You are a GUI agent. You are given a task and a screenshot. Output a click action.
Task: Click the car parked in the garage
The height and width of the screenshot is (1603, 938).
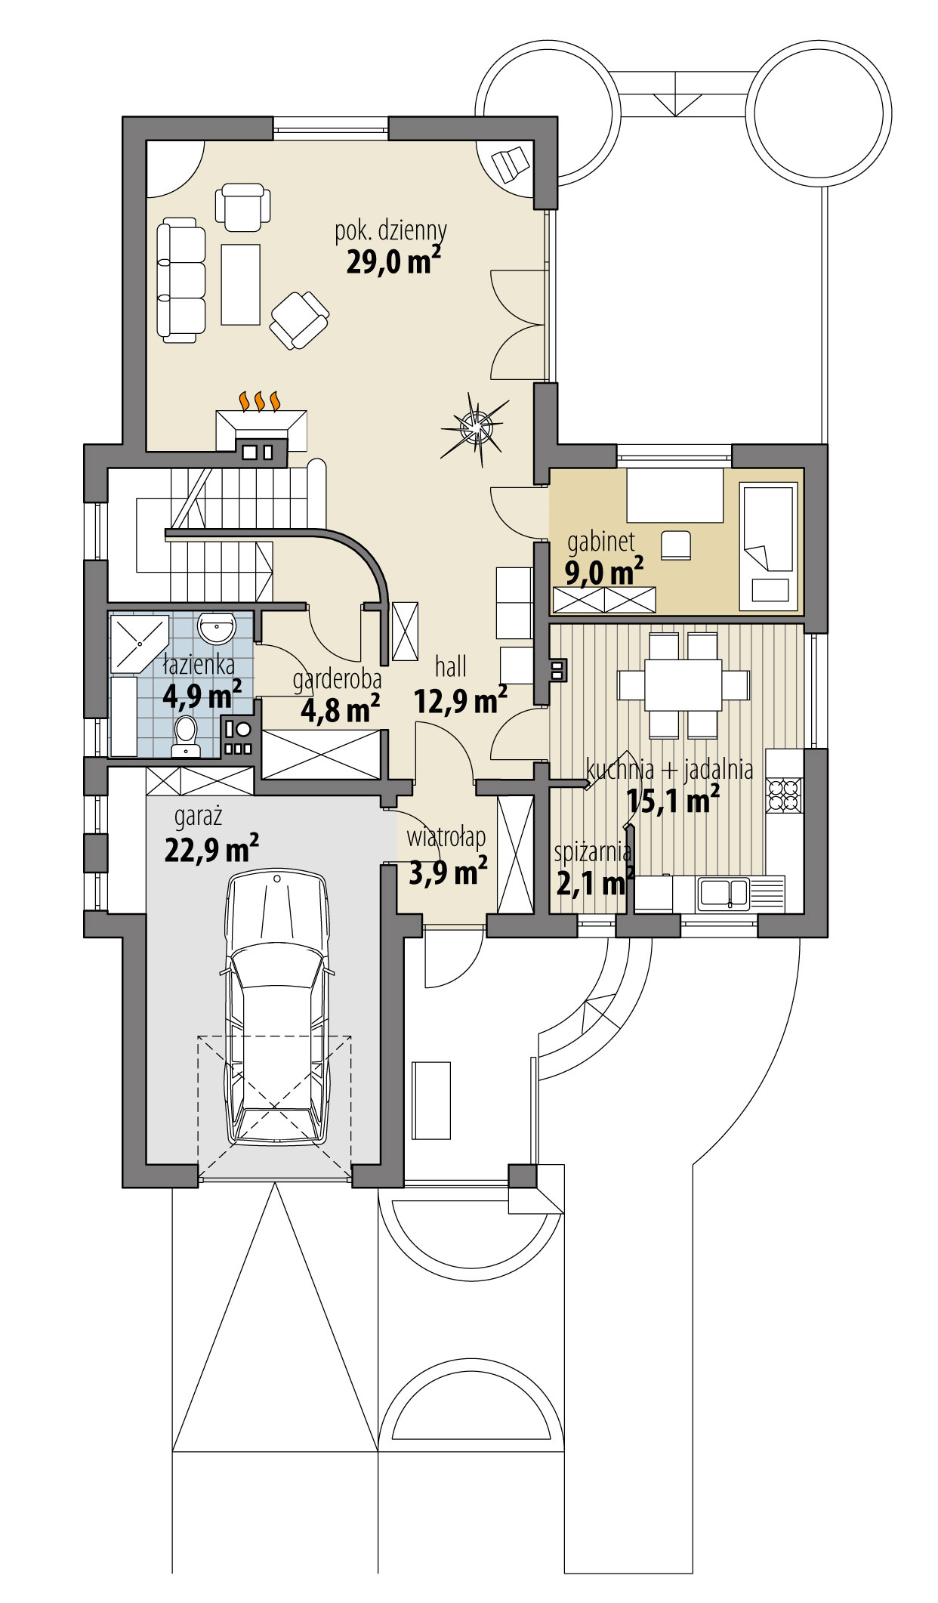[x=277, y=1012]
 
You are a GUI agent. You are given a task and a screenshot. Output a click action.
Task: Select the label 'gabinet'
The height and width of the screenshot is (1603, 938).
[x=600, y=541]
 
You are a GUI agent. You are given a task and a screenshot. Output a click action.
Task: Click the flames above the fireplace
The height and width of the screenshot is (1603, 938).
[x=260, y=400]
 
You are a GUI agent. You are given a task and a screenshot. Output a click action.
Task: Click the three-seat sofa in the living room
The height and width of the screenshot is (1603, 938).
[x=181, y=278]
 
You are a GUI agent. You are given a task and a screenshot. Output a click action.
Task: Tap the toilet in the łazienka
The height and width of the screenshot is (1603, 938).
[x=185, y=735]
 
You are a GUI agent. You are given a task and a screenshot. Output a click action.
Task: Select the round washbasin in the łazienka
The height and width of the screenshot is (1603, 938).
[x=217, y=627]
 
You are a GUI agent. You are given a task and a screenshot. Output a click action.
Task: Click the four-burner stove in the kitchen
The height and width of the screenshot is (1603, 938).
[x=784, y=792]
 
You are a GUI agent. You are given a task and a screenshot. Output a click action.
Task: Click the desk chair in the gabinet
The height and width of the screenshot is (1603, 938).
[x=676, y=545]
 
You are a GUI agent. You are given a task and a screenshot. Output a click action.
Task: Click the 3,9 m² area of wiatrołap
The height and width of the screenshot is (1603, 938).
[x=447, y=873]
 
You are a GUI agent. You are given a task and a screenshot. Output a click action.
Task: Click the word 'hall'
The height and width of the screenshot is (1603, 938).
[x=450, y=666]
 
